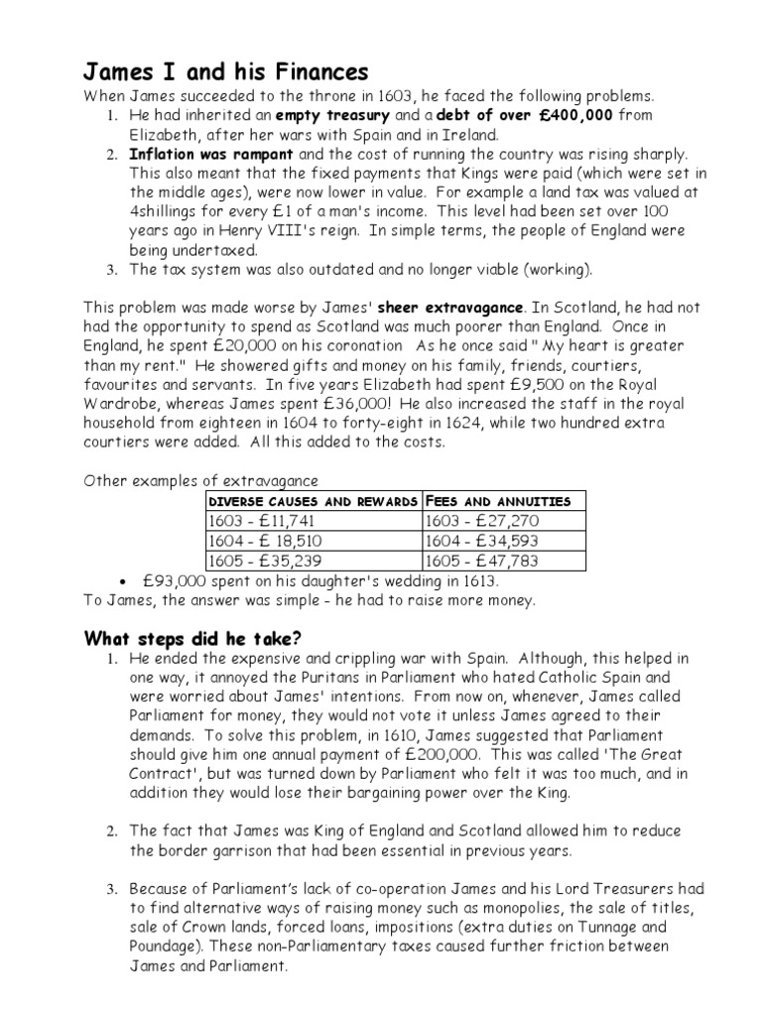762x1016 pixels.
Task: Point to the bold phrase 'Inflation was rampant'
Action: click(209, 155)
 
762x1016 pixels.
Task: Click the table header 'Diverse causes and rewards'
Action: click(313, 501)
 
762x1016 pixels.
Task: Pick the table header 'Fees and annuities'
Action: click(498, 501)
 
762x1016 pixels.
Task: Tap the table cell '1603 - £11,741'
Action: click(260, 522)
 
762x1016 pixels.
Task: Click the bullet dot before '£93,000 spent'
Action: click(120, 582)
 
